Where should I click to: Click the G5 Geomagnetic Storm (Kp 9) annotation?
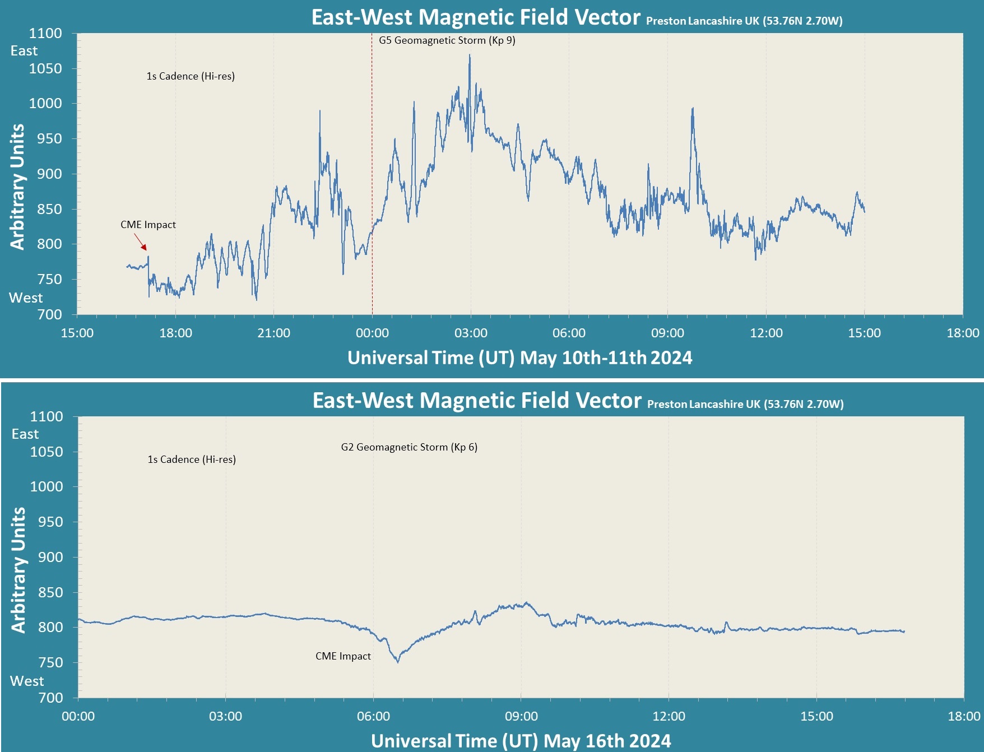click(x=447, y=40)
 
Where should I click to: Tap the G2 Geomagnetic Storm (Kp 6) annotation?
click(x=409, y=447)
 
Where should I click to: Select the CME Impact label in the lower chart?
click(x=343, y=656)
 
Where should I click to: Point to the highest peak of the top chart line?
click(x=470, y=55)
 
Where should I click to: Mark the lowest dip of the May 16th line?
click(x=398, y=662)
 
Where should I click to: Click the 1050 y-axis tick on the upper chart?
click(x=45, y=68)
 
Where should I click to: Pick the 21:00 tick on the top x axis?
click(x=273, y=333)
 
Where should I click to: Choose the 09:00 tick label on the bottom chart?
click(x=521, y=716)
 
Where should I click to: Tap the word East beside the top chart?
click(x=24, y=51)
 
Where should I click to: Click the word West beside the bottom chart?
click(x=27, y=681)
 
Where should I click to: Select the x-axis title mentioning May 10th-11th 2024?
click(x=519, y=358)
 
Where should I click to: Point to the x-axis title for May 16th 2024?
click(x=521, y=741)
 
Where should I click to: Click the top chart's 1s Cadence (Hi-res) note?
click(x=191, y=76)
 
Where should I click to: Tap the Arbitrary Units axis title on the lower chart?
click(x=18, y=570)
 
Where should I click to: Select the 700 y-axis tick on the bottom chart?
click(x=50, y=698)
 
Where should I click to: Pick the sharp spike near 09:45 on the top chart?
click(x=693, y=109)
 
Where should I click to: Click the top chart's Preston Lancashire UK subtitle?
click(x=744, y=21)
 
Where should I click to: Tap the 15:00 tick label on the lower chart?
click(x=816, y=716)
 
